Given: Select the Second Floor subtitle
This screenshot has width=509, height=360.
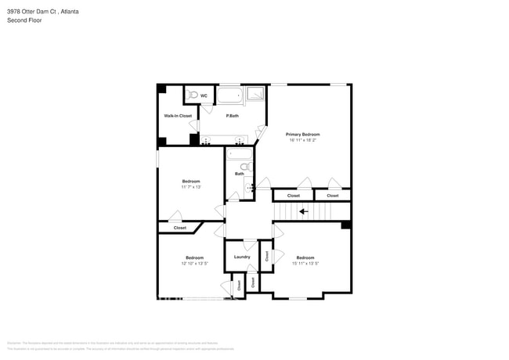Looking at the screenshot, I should point(24,20).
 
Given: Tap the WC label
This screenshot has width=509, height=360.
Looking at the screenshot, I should point(204,95).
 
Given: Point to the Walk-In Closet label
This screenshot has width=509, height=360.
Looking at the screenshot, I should point(178,116).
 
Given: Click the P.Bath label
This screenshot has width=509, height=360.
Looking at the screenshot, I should point(232,116).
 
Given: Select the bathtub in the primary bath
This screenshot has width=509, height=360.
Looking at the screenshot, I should point(230,96).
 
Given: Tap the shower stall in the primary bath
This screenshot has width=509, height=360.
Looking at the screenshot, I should point(257,95).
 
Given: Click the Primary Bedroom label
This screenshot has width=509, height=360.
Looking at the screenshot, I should point(303,134).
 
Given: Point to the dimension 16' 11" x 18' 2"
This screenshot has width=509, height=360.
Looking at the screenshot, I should point(303,140).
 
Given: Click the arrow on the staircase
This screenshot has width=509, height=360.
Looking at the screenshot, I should point(303,211).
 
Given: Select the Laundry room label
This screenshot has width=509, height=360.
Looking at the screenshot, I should point(242,257).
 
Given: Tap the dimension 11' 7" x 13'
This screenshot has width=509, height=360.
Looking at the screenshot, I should point(191,187).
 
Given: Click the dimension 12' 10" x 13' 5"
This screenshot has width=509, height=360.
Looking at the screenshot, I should point(194,264).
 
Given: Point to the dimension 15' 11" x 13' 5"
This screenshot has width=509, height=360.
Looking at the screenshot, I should point(305,264).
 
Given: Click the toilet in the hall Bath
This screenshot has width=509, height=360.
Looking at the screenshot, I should point(244,167).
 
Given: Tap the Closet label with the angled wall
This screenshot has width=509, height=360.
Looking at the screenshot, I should point(180,228).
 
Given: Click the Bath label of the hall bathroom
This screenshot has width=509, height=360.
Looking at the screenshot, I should point(239,174).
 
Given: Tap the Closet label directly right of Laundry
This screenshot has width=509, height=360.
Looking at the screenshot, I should point(266,256).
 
